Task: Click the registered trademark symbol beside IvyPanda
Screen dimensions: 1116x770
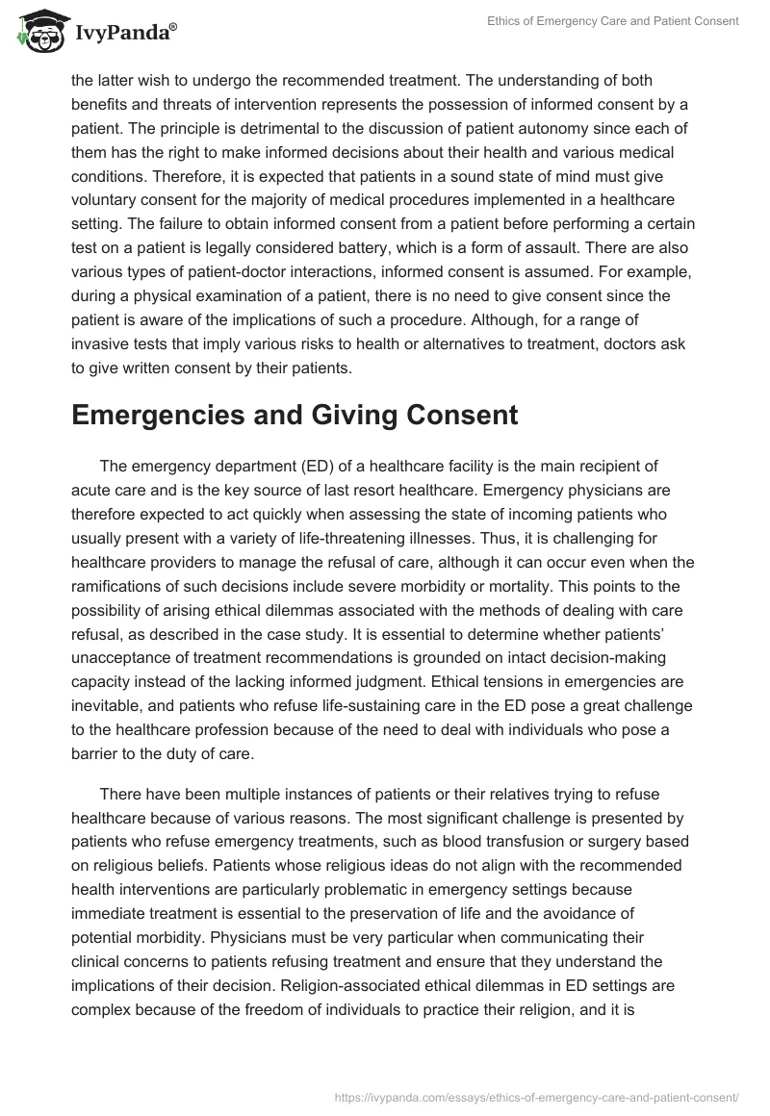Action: pyautogui.click(x=173, y=27)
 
